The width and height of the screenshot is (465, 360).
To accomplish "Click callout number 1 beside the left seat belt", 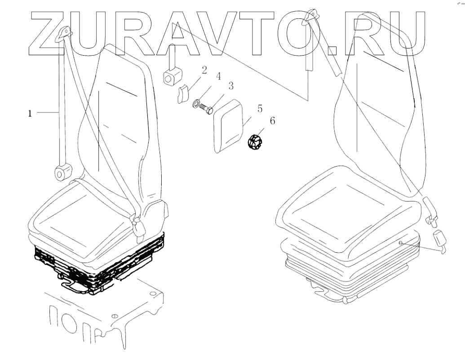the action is (30, 114).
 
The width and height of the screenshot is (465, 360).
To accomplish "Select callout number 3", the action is (230, 85).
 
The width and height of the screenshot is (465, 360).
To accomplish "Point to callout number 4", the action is (218, 76).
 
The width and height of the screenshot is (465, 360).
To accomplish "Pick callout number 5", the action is (260, 109).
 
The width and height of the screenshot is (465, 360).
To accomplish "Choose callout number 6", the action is (272, 121).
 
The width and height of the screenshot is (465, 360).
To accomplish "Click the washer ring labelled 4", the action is (196, 105).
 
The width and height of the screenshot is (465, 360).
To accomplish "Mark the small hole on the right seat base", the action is (399, 243).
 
